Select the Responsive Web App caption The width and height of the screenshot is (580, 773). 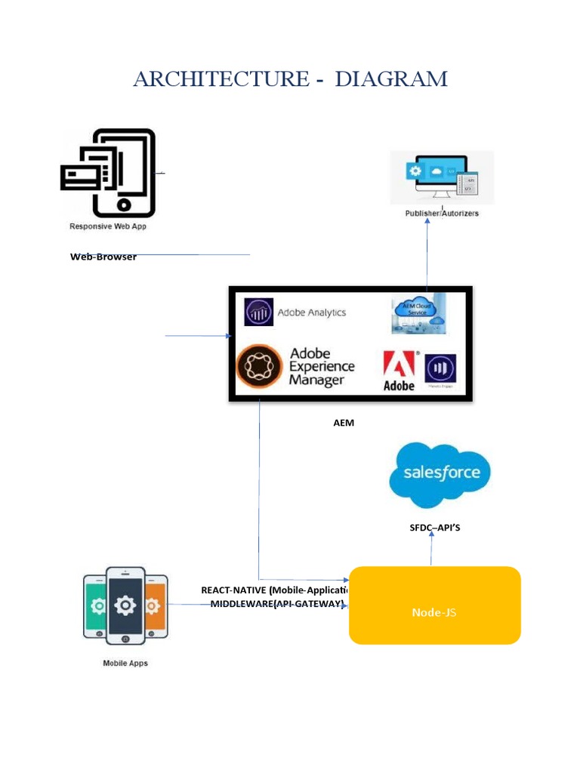click(x=108, y=226)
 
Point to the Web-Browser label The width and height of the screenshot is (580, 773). click(x=103, y=257)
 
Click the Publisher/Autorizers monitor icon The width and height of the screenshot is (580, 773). click(x=442, y=177)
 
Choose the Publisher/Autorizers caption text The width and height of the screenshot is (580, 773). click(x=442, y=214)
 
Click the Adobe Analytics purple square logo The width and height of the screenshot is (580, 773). click(x=258, y=312)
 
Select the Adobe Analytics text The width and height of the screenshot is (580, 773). click(x=312, y=313)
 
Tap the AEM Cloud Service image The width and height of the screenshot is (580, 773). click(x=418, y=313)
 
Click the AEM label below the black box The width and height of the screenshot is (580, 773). click(x=344, y=423)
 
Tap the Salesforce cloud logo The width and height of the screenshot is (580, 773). click(x=440, y=474)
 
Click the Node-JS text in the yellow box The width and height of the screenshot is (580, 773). click(x=433, y=612)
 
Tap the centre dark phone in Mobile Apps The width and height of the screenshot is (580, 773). click(x=125, y=605)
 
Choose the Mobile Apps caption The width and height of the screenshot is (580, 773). click(x=125, y=664)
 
